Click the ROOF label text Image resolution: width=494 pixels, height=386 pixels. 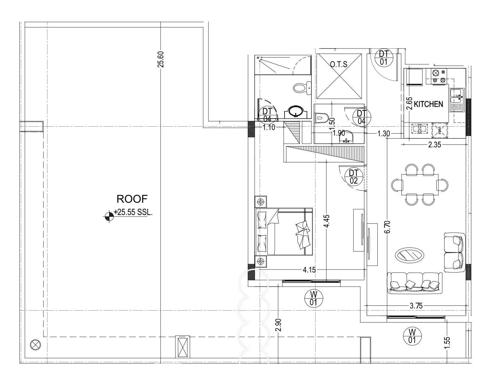point(132,199)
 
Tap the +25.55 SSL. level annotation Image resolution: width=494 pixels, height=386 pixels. point(133,213)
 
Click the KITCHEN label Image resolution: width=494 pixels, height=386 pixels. point(428,104)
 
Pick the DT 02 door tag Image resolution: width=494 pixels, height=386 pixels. point(354,176)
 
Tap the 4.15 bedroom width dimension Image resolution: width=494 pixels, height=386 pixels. point(309,270)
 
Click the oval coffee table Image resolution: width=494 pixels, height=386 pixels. point(409,255)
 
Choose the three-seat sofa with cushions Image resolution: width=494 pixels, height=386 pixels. point(415,283)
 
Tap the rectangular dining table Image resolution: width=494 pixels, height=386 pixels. point(420,184)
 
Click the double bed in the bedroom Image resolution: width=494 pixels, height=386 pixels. point(284,232)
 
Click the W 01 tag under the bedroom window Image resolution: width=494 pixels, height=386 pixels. point(313,299)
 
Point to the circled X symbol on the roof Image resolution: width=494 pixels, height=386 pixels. point(35,345)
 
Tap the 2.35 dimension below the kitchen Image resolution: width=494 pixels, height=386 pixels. point(434,145)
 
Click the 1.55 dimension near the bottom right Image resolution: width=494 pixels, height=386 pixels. point(447,342)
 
